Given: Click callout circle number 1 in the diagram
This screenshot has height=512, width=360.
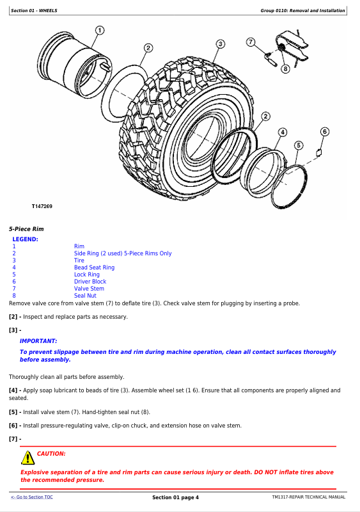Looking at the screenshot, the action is pos(100,30).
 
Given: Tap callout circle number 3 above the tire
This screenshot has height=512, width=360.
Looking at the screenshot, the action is pos(221,44).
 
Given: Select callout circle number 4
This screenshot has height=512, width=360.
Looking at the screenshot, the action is pos(283,132).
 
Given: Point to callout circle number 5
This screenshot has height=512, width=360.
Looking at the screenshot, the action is pos(299,145).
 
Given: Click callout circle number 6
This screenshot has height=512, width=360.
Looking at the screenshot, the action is pos(324,132).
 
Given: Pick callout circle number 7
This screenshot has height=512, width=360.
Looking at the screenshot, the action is pos(250,42).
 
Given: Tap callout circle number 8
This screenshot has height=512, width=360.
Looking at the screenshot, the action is pos(285,68).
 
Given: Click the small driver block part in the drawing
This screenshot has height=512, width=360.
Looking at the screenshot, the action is pos(319,152).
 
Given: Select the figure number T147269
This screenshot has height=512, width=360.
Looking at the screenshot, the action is pos(42,206).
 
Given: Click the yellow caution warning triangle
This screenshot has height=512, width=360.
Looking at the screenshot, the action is pos(28,458).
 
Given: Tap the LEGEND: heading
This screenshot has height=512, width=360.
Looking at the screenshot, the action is pos(25,239).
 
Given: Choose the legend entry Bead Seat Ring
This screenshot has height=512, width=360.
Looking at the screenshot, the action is pos(95,268).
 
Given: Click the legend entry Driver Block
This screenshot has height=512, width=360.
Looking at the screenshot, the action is pos(90,282).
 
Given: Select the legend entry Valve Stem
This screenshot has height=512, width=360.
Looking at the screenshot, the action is pos(89,289).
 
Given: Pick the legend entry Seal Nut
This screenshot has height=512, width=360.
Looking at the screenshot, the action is pos(85,296).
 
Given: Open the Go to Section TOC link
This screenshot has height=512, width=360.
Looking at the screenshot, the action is pos(32,497).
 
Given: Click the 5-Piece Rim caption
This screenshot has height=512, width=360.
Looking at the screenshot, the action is pos(26,229).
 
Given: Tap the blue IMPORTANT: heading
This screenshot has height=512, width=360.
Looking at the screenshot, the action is pos(38,341).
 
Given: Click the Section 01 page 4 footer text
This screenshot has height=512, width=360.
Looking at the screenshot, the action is pos(176,497).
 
